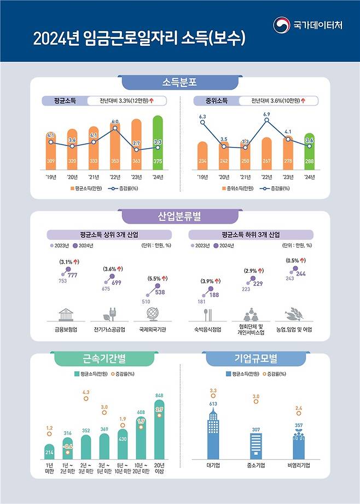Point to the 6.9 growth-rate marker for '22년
tap(266, 120)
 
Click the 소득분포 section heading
tap(179, 83)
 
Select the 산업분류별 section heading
tap(179, 216)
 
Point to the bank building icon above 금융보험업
tap(67, 314)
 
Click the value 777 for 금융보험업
tap(72, 275)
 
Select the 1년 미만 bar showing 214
tap(49, 452)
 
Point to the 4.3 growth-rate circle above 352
tap(85, 399)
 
